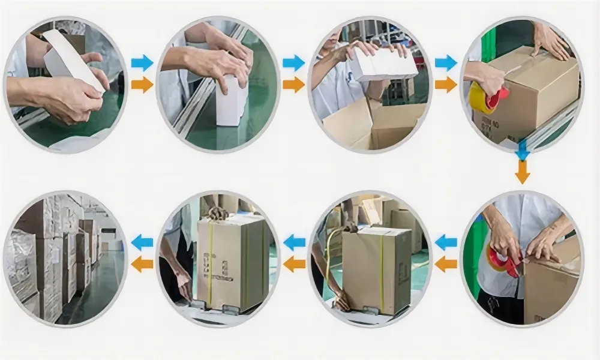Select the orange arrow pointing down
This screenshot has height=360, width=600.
[x=522, y=172]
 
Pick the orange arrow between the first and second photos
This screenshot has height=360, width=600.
[x=142, y=85]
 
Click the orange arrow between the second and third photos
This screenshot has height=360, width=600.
[x=293, y=85]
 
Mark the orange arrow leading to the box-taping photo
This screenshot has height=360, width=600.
[x=446, y=85]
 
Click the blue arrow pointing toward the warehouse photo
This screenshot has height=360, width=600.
[x=142, y=242]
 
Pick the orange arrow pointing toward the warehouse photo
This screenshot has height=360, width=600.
[x=142, y=264]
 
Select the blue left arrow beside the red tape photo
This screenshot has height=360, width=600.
[x=446, y=242]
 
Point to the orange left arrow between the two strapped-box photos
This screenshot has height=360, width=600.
[x=294, y=264]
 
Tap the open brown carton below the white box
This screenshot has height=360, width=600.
[x=372, y=126]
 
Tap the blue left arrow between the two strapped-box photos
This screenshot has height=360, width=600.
[x=294, y=242]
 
